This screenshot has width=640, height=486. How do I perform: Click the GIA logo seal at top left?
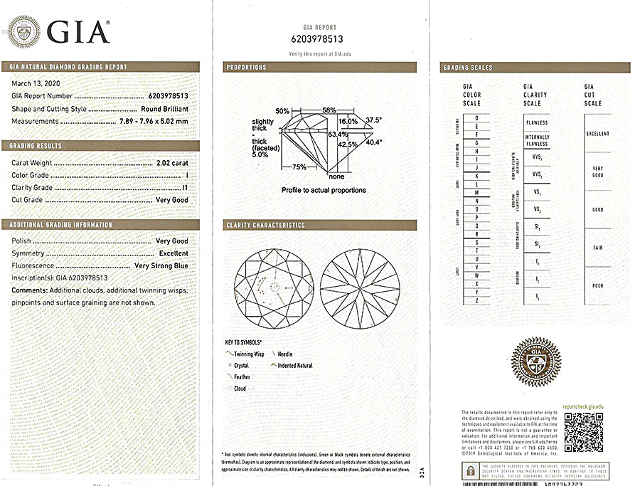24,31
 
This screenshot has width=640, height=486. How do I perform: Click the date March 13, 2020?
36,83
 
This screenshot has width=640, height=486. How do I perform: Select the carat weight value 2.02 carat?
172,162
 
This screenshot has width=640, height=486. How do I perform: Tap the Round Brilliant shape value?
165,108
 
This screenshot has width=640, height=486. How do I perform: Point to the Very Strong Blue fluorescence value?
161,265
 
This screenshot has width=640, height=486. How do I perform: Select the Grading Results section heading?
36,146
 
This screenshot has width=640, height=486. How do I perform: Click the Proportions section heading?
247,68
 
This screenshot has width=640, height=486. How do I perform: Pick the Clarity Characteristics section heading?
265,226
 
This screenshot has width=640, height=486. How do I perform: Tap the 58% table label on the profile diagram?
328,111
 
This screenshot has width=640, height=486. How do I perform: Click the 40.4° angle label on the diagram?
373,142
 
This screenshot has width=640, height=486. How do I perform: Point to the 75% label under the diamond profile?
299,167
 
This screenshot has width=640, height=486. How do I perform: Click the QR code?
583,431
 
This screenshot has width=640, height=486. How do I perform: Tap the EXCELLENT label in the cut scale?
597,134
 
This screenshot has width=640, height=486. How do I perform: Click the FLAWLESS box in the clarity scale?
536,122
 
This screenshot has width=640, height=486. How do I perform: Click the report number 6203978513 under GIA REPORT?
316,39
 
